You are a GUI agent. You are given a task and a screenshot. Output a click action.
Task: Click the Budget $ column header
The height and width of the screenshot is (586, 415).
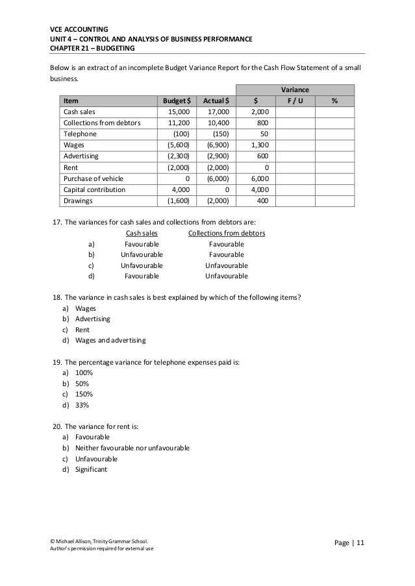click(x=176, y=101)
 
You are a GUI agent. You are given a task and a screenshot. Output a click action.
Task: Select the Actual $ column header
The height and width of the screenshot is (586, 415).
click(x=216, y=101)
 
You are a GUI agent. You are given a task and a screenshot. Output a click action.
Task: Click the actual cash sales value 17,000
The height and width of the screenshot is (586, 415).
click(x=218, y=112)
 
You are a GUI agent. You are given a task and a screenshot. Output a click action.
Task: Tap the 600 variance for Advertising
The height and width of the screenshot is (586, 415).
click(x=264, y=156)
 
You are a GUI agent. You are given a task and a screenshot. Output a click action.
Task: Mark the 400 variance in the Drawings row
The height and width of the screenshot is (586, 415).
click(x=264, y=201)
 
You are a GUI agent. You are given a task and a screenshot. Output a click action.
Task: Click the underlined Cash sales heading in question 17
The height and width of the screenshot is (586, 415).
click(x=141, y=233)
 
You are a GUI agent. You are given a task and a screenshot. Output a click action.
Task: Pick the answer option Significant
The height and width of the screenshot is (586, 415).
click(x=91, y=469)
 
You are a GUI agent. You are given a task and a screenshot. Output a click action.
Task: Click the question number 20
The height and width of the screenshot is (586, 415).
click(x=57, y=426)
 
